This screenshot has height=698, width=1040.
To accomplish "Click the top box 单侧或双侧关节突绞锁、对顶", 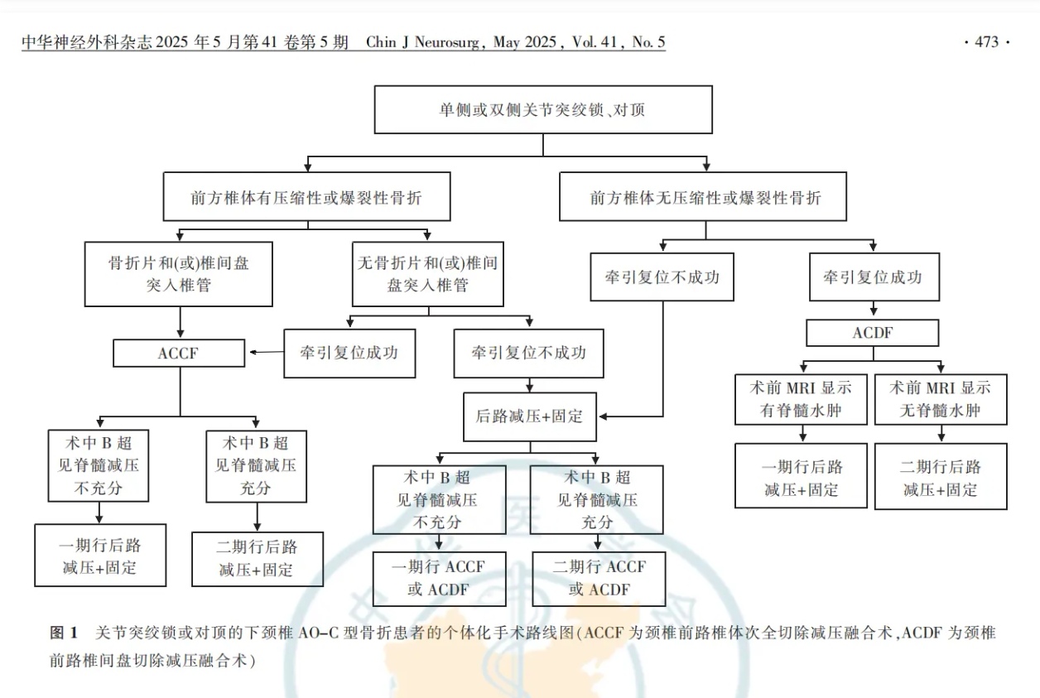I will [542, 110].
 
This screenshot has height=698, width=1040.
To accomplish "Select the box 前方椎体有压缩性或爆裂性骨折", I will [307, 197].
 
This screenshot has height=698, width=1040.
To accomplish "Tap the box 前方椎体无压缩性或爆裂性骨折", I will [703, 197].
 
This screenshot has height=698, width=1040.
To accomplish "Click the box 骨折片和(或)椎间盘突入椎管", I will [179, 274].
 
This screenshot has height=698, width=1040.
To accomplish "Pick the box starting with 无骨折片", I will [427, 274].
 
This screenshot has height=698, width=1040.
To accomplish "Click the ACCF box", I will [179, 354].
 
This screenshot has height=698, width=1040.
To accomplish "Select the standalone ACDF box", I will [873, 333].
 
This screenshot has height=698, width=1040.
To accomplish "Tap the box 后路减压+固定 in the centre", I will [529, 416].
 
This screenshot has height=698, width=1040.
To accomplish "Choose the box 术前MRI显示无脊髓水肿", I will [941, 399].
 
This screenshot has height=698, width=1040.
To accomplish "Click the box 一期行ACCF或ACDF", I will [439, 578].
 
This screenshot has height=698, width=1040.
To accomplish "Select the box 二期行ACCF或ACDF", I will [598, 578].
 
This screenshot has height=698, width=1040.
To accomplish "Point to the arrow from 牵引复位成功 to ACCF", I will [265, 354].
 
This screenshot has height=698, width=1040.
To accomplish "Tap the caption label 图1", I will [65, 633].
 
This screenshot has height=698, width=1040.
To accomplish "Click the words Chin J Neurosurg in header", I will [426, 42].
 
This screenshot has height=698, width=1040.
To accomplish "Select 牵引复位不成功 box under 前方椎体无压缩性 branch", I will [662, 277].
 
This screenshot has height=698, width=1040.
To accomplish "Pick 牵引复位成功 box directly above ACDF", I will [876, 277].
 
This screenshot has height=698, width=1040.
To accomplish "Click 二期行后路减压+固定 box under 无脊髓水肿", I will [941, 478].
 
